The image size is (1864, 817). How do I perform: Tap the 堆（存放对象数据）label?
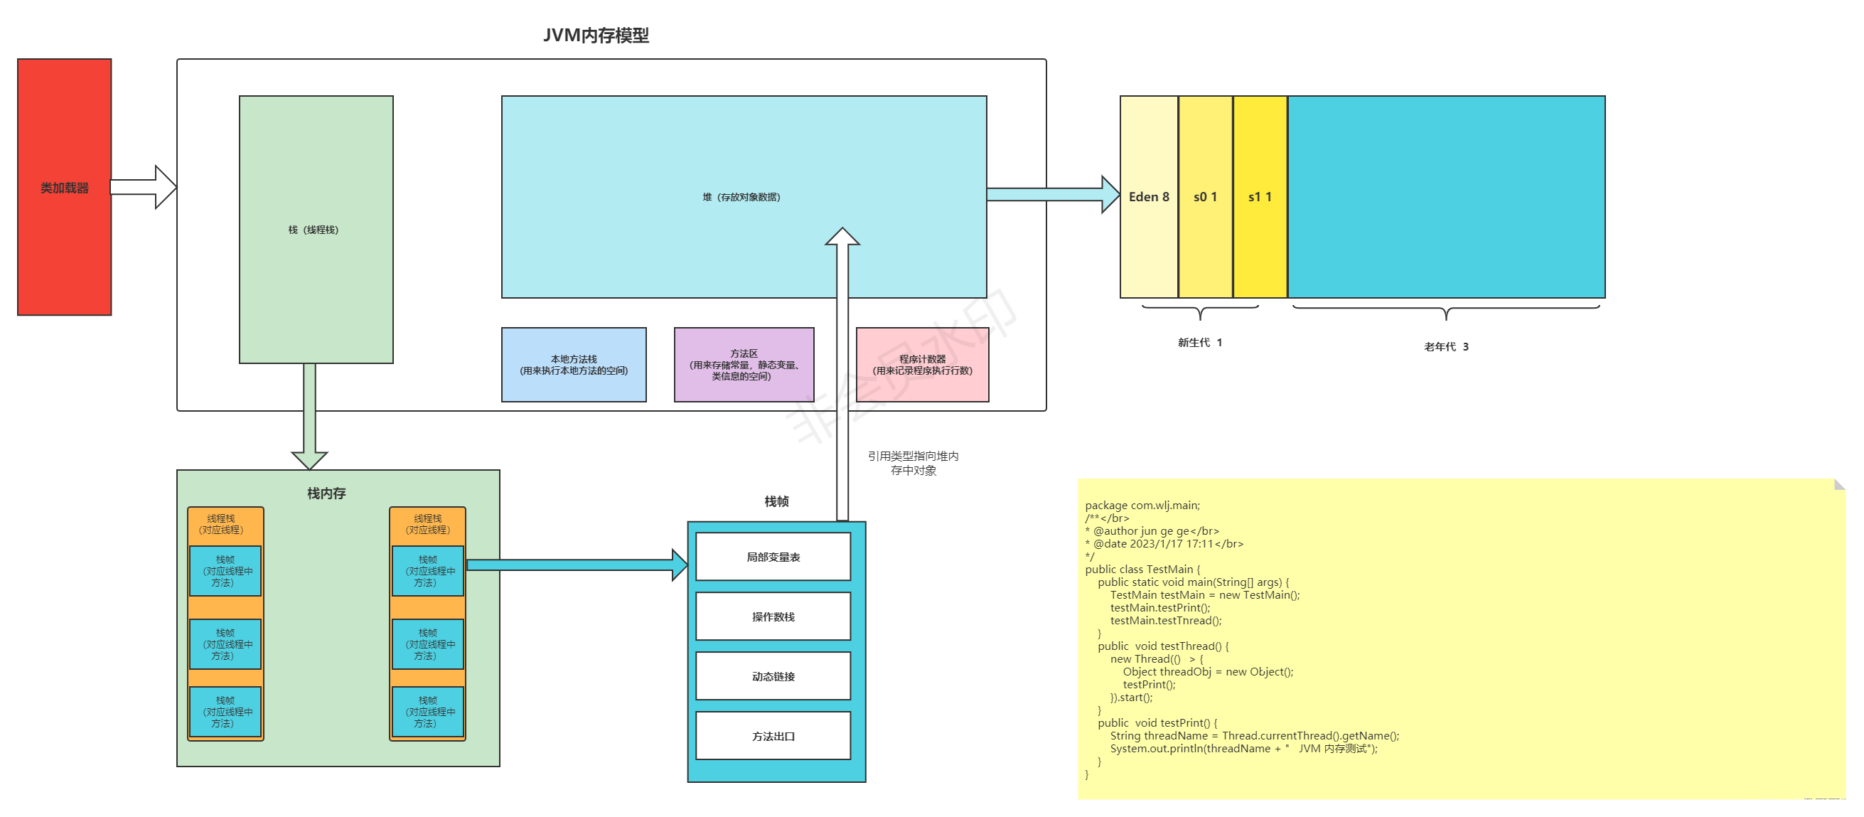741,197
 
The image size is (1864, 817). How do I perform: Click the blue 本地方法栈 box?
573,365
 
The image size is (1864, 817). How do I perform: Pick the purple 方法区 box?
743,365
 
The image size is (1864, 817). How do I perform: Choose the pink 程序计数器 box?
922,365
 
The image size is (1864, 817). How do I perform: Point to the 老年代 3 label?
1446,346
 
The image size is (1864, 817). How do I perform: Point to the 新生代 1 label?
1199,342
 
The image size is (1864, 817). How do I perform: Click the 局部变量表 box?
773,557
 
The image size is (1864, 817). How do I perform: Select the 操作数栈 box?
773,616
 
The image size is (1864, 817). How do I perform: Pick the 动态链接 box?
773,676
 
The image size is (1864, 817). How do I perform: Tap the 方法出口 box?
773,736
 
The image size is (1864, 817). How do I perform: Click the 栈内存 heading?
326,493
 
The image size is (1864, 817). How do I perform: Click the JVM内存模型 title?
596,35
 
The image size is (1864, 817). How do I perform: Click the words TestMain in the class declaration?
1169,570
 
